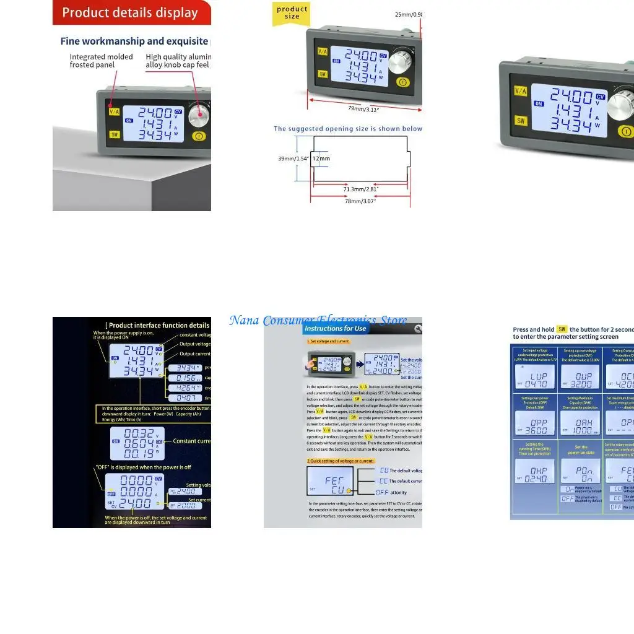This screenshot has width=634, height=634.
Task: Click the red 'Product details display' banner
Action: click(x=130, y=12)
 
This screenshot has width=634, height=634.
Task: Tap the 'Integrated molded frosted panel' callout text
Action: click(x=101, y=61)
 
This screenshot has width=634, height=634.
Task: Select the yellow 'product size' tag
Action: click(x=292, y=13)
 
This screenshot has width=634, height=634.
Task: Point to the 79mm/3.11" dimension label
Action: click(x=363, y=109)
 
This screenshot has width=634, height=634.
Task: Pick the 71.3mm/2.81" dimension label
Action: click(x=361, y=189)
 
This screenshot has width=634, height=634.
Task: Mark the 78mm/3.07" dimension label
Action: click(x=360, y=201)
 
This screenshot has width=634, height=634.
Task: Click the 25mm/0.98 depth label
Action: click(x=408, y=15)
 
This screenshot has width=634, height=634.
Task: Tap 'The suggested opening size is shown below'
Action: click(x=348, y=129)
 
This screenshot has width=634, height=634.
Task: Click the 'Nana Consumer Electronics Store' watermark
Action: click(x=318, y=320)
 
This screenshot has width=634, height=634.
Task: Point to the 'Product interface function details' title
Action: click(x=158, y=325)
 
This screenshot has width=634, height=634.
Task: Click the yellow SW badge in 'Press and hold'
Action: click(x=562, y=329)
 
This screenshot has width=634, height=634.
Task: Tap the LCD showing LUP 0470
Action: click(x=534, y=376)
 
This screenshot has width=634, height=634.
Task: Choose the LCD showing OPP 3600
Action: click(x=534, y=423)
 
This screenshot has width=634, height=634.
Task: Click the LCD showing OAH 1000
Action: click(x=580, y=423)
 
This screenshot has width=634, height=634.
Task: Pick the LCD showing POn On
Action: click(x=580, y=471)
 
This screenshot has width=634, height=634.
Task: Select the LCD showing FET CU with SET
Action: click(x=330, y=480)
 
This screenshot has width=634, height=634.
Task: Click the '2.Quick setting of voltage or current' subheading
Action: click(x=341, y=461)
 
